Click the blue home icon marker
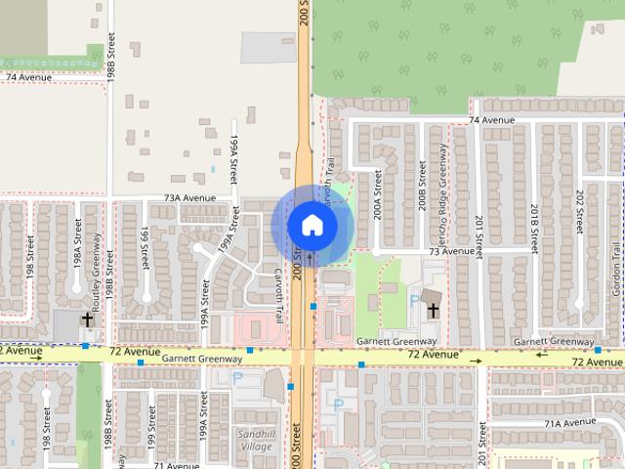[x=312, y=226]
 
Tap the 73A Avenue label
[x=189, y=197]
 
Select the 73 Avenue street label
[x=451, y=251]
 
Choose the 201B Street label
[x=535, y=228]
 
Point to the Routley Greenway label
[x=98, y=257]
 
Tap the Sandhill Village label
[x=257, y=440]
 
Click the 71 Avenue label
[x=170, y=466]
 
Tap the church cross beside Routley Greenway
[x=86, y=320]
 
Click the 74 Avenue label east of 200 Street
[x=490, y=120]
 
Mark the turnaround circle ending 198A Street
[x=76, y=290]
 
